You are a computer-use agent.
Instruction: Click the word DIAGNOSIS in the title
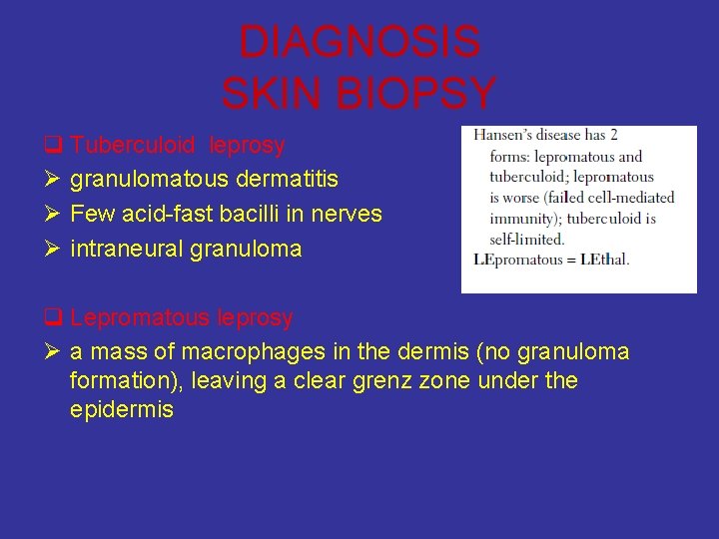(359, 43)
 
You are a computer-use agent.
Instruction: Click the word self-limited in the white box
(527, 240)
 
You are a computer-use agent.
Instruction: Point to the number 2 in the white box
(613, 136)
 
